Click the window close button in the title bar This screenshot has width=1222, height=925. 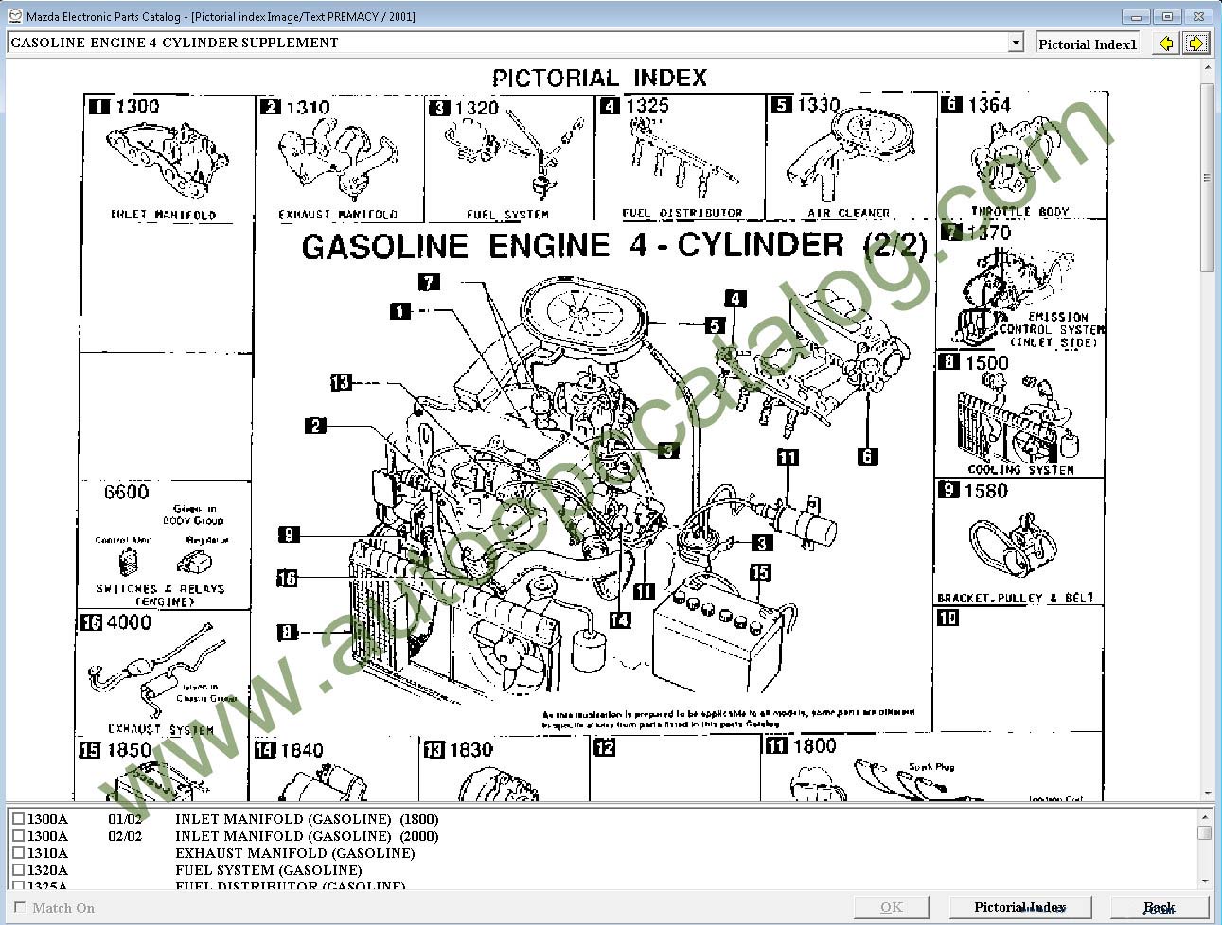(x=1199, y=16)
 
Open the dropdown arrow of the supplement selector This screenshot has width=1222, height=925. (x=1016, y=43)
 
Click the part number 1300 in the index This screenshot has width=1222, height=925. (x=137, y=107)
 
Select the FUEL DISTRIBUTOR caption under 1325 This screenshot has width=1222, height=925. (x=682, y=213)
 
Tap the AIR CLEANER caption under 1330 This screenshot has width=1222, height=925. (x=848, y=213)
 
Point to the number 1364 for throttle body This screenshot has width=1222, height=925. (x=989, y=105)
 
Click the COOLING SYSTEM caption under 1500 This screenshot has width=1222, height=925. (x=1020, y=469)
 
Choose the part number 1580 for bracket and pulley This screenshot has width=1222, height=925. (x=985, y=491)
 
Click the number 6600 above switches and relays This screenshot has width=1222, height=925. (x=127, y=493)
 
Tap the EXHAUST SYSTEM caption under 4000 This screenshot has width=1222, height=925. (x=161, y=729)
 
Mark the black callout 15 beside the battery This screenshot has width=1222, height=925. (x=760, y=572)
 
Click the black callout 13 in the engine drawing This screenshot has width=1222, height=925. (x=341, y=382)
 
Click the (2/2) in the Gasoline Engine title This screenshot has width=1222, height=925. (x=895, y=246)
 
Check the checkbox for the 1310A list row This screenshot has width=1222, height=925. (x=18, y=853)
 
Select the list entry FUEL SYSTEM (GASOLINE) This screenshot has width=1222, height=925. (x=268, y=870)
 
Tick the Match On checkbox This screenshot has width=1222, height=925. (x=20, y=908)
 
